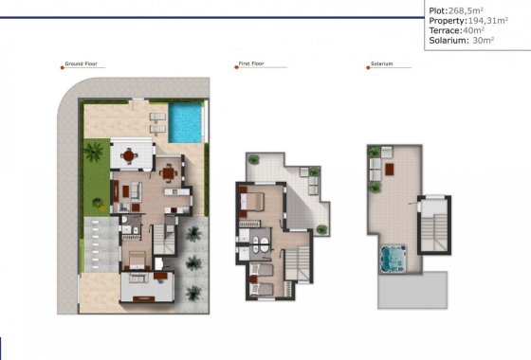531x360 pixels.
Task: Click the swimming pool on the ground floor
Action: pos(188,123)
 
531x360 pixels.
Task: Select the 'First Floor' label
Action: pos(251,64)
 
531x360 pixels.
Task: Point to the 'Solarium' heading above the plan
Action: pos(381,64)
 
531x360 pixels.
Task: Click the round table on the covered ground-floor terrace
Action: pos(127,153)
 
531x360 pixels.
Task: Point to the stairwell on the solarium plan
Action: pos(435,227)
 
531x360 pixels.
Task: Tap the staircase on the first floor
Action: pos(299,260)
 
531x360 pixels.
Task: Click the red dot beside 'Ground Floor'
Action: pos(61,64)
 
